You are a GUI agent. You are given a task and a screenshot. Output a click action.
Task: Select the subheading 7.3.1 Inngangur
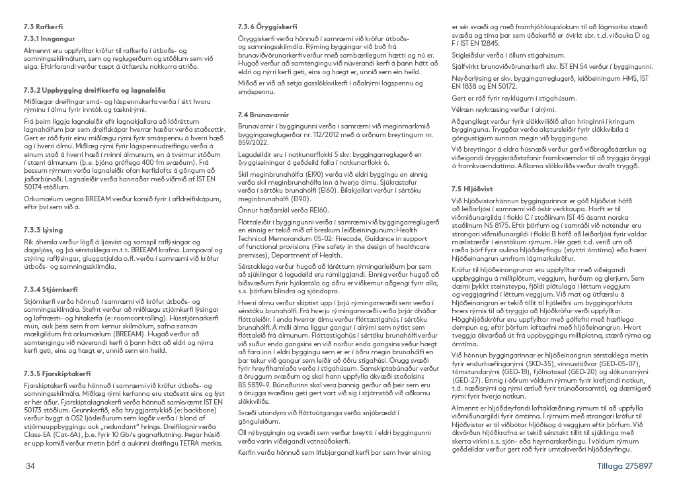click(x=49, y=39)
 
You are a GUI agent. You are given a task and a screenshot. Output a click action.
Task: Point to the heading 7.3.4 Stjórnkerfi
click(x=50, y=290)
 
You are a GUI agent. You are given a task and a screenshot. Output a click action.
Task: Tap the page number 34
click(x=29, y=466)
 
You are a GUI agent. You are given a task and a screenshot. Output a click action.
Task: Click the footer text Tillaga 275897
click(x=624, y=466)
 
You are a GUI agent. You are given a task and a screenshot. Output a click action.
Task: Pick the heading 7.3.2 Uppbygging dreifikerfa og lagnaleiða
click(x=95, y=89)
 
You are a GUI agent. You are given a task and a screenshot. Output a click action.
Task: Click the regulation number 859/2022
click(x=253, y=143)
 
